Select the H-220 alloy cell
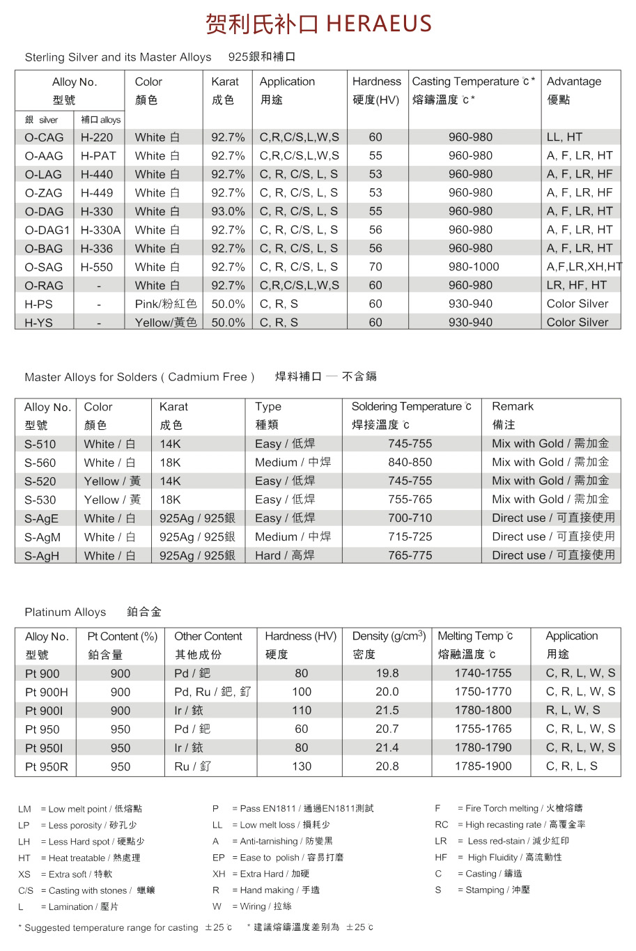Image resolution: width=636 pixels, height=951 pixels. (x=97, y=137)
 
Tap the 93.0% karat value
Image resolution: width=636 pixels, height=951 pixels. (x=228, y=211)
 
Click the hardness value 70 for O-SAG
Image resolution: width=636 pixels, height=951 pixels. (x=375, y=267)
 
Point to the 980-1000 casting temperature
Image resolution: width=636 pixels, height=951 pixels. (x=474, y=267)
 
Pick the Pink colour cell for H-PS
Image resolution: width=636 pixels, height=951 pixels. (x=166, y=304)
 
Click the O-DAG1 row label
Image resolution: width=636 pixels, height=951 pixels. (x=47, y=230)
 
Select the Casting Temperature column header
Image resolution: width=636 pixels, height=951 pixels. (x=474, y=82)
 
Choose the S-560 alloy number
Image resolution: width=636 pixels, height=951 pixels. (x=40, y=463)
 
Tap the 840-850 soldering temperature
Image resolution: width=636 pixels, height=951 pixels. (x=410, y=462)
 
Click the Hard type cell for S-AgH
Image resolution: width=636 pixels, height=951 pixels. (x=284, y=555)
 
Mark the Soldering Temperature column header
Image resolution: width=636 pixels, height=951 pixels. (x=411, y=406)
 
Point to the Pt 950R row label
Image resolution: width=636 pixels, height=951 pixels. (x=47, y=766)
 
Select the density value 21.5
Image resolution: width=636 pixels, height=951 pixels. (x=387, y=710)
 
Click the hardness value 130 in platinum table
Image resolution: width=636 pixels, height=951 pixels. (x=302, y=766)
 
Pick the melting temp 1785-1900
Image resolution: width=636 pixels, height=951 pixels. (x=483, y=766)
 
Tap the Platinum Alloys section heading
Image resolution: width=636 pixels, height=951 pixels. (x=65, y=612)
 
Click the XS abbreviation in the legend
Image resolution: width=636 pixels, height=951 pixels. (x=24, y=874)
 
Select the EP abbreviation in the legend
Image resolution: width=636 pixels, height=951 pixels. (x=219, y=858)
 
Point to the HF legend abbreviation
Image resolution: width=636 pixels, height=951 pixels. (x=441, y=858)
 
